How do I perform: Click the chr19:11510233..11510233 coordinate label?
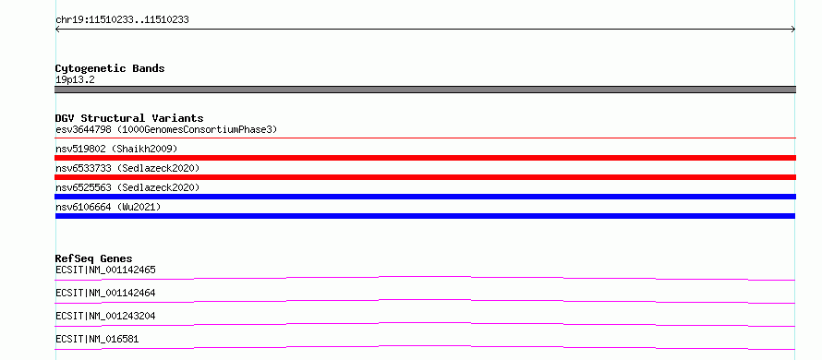(122, 20)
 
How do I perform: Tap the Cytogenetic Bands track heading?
(110, 68)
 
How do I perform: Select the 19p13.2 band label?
(75, 80)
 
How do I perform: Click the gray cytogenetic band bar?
(425, 90)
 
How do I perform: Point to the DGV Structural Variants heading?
(129, 118)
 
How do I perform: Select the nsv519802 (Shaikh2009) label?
(116, 150)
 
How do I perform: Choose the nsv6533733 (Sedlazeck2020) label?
(127, 168)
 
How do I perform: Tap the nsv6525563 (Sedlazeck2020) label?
(127, 187)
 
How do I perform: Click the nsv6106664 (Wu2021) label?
(108, 208)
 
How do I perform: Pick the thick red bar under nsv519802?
(425, 158)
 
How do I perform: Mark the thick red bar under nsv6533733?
(425, 177)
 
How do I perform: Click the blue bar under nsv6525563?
(425, 197)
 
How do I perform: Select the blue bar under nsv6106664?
(425, 216)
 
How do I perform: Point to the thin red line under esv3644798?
(425, 138)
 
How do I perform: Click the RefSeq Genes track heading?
(93, 258)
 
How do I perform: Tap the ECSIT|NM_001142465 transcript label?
(105, 270)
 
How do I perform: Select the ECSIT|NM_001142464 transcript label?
(105, 293)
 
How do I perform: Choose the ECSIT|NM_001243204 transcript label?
(105, 316)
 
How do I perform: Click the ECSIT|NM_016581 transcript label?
(97, 340)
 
